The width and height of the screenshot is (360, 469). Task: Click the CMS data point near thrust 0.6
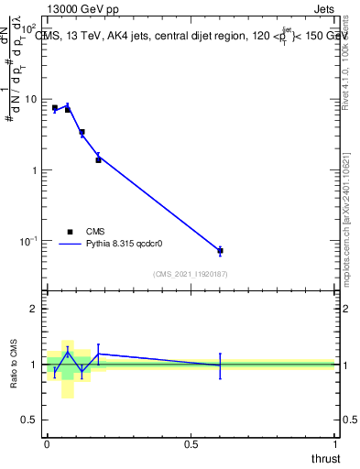click(220, 251)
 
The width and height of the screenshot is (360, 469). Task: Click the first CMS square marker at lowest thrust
click(55, 108)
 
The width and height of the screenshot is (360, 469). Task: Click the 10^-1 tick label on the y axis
click(31, 241)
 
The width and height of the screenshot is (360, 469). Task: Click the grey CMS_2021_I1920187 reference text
click(191, 273)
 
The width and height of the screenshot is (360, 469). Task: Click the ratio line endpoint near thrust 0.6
click(220, 365)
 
